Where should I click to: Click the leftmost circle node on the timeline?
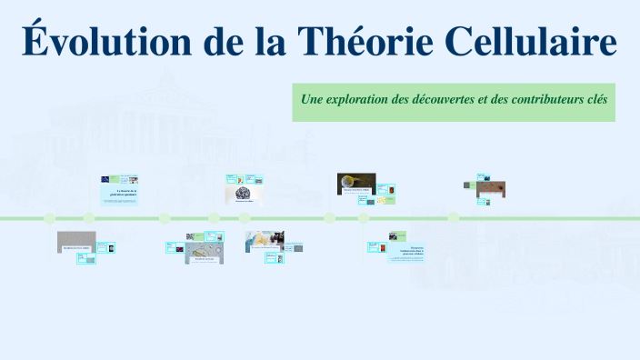50,218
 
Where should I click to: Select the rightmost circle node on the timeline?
453,218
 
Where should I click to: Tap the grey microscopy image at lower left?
75,241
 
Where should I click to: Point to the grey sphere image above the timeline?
244,194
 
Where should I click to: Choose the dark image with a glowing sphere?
355,183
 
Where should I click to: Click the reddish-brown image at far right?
491,188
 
